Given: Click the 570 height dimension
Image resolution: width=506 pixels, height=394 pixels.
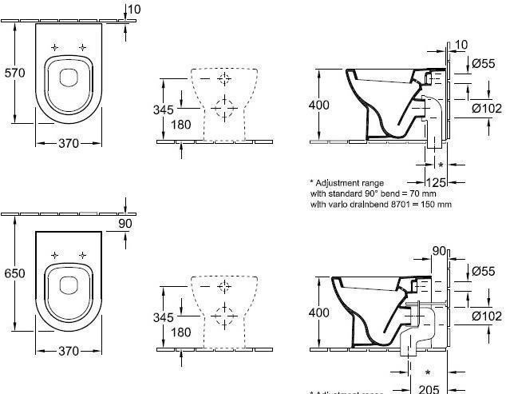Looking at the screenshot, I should pyautogui.click(x=15, y=73).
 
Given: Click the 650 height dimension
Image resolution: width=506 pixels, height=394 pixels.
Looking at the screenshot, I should pyautogui.click(x=15, y=273).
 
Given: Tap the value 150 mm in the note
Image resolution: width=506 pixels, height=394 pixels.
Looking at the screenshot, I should pyautogui.click(x=438, y=204).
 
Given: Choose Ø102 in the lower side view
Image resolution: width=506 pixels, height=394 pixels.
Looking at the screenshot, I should pyautogui.click(x=486, y=315).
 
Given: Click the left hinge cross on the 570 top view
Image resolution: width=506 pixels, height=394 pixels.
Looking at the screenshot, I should pyautogui.click(x=55, y=47).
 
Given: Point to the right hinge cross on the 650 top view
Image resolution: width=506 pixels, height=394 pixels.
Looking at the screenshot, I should pyautogui.click(x=81, y=254).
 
